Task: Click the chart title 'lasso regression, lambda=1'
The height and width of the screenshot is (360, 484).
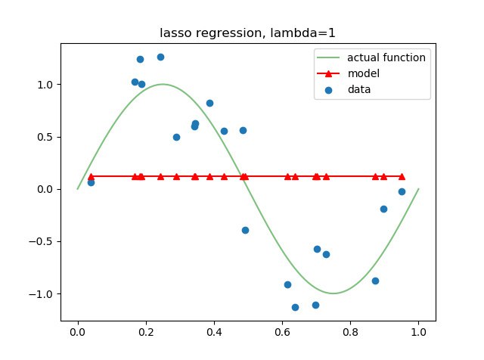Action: coord(247,33)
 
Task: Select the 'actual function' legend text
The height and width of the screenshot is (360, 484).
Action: coord(386,57)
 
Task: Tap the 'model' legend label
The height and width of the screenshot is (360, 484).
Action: coord(364,73)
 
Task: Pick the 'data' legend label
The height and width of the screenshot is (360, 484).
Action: coord(359,89)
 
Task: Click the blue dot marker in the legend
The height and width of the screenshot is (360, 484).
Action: coord(328,90)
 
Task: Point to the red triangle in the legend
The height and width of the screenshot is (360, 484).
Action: coord(328,73)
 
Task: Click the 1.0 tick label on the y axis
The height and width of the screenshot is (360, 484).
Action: coord(45,85)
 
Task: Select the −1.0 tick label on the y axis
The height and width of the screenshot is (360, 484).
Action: coord(41,294)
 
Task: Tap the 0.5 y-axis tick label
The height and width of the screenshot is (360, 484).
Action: coord(45,137)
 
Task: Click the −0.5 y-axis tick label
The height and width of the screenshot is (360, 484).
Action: coord(41,242)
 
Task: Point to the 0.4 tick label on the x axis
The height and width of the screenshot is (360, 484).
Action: coord(214,332)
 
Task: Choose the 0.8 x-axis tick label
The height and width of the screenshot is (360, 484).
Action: coord(350,332)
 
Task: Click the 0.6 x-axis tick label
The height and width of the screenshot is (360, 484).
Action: coord(282,332)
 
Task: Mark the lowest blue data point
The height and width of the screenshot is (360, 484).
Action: coord(295,307)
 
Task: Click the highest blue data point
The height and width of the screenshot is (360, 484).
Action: coord(160,57)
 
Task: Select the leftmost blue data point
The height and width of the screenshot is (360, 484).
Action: coord(91,182)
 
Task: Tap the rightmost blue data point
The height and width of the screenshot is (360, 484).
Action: coord(402,192)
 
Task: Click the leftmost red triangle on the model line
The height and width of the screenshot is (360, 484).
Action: coord(91,177)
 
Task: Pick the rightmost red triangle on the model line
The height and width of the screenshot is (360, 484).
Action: coord(402,177)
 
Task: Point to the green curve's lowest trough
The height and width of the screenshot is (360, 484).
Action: coord(334,293)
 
